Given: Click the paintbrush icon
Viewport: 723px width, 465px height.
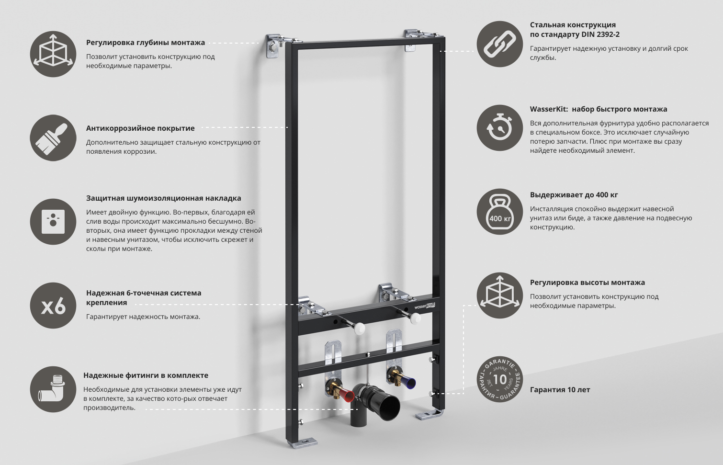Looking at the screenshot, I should [x=53, y=138].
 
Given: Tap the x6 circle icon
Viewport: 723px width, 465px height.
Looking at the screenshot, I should [x=53, y=306].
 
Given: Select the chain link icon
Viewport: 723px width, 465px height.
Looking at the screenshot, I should [x=499, y=44].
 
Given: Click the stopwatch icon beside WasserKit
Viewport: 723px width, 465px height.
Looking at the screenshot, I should [x=499, y=128].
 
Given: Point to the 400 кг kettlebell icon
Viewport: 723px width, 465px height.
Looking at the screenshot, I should [x=499, y=212].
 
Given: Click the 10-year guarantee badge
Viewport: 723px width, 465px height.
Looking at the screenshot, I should [x=499, y=380].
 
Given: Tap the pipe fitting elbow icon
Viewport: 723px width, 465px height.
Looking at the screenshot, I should [x=53, y=390].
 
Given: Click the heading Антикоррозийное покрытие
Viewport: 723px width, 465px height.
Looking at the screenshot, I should [x=140, y=128].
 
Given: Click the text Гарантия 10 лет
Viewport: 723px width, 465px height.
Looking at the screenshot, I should [x=560, y=390].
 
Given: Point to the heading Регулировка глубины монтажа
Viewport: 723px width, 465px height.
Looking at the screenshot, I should [x=146, y=43].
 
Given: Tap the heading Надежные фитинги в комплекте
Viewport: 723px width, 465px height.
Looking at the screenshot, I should [x=146, y=375].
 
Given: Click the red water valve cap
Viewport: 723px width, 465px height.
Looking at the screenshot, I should [x=347, y=396].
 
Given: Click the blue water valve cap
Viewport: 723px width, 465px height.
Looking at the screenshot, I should [x=409, y=382].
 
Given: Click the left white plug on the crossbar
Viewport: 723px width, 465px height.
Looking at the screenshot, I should [x=359, y=328].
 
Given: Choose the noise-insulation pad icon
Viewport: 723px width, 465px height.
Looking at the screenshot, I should [x=53, y=222].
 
